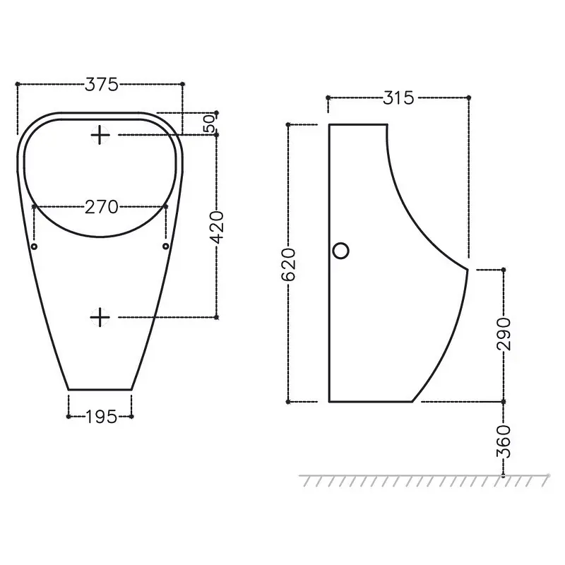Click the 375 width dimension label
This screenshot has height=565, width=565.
coord(101,84)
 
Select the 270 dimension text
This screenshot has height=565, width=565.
coord(101,207)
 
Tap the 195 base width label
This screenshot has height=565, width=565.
coord(101,417)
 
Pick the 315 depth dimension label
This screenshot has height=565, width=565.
coord(398,97)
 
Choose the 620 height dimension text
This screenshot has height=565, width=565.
coord(288,264)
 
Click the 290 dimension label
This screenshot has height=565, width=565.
coord(504,334)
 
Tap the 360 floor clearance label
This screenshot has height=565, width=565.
coord(504,441)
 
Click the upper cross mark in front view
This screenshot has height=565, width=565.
coord(100,135)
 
